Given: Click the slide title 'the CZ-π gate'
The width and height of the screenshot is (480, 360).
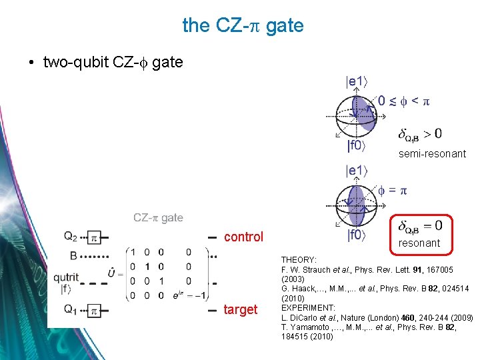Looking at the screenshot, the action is point(243,26).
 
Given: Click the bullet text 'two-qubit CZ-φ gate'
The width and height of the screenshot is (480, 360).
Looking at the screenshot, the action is point(113,62).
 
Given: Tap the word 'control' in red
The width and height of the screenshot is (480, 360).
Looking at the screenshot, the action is point(243,237).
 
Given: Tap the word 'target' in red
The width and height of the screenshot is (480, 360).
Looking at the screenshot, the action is point(241,309).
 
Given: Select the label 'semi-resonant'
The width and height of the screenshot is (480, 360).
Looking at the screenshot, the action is point(432,154).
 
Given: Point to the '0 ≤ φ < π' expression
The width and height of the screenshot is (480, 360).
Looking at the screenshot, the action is point(404,101).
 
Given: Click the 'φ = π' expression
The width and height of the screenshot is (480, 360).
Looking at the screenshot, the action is point(393,191).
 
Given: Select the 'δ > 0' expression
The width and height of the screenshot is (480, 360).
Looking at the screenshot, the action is point(420,134).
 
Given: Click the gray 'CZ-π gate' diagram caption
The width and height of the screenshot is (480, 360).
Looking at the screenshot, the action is point(158,218).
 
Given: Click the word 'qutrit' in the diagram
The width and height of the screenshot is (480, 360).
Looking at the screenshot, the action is point(66,277).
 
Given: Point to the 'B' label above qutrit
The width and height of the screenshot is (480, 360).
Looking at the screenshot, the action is point(73,255).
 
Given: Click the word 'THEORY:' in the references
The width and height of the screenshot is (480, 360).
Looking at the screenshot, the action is point(299,259).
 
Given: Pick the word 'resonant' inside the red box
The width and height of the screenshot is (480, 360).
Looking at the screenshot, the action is point(419,243).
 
